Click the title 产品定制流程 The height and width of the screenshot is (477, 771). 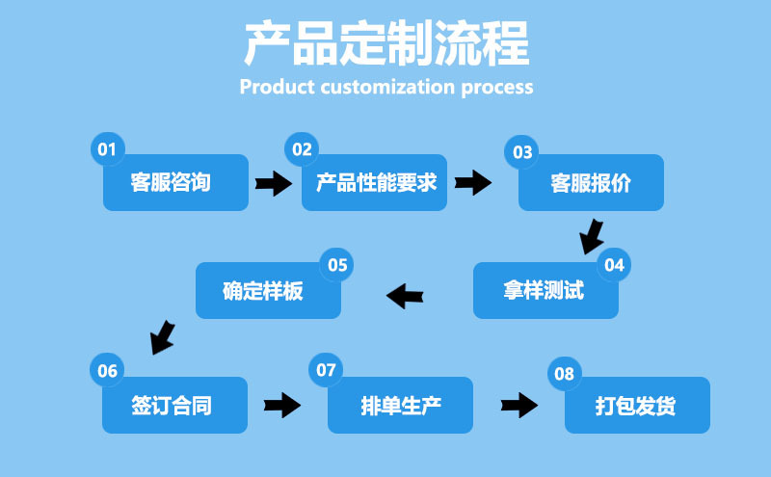(x=385, y=43)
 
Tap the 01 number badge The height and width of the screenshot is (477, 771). (x=106, y=148)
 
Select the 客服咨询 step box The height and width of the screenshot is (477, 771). (x=175, y=182)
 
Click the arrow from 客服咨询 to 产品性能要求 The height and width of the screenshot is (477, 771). (x=273, y=182)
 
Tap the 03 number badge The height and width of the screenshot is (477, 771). (x=522, y=151)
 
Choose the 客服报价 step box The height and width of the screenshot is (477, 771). (x=591, y=182)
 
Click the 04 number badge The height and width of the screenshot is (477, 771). (x=614, y=264)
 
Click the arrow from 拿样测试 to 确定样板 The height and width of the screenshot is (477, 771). (x=407, y=294)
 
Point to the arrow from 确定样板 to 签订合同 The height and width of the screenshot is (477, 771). (x=163, y=336)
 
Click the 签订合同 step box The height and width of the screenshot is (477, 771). (x=173, y=405)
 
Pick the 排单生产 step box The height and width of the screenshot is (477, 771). (x=400, y=405)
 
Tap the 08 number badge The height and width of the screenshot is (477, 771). (x=564, y=373)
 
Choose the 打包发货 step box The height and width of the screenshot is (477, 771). (x=636, y=405)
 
